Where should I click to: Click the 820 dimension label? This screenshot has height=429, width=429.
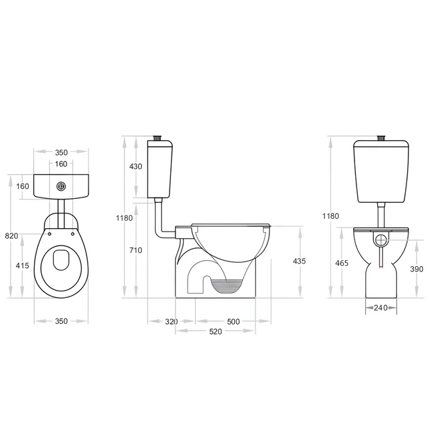tap(11, 236)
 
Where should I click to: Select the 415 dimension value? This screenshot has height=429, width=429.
tap(23, 265)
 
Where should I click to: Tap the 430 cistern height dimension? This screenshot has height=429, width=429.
tap(136, 167)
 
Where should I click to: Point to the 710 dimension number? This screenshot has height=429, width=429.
tap(136, 250)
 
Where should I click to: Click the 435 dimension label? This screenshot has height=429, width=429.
tap(299, 261)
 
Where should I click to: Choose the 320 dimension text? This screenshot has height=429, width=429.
tap(172, 321)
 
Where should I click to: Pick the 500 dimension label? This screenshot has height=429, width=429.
tap(233, 321)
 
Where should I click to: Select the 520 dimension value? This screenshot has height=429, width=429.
tap(215, 331)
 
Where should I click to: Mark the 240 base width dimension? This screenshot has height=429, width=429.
tap(380, 308)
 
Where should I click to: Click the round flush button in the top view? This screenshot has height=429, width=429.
tap(61, 186)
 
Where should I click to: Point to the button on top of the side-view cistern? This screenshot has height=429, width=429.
tap(157, 138)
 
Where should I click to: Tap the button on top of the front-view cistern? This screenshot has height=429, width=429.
tap(381, 138)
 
